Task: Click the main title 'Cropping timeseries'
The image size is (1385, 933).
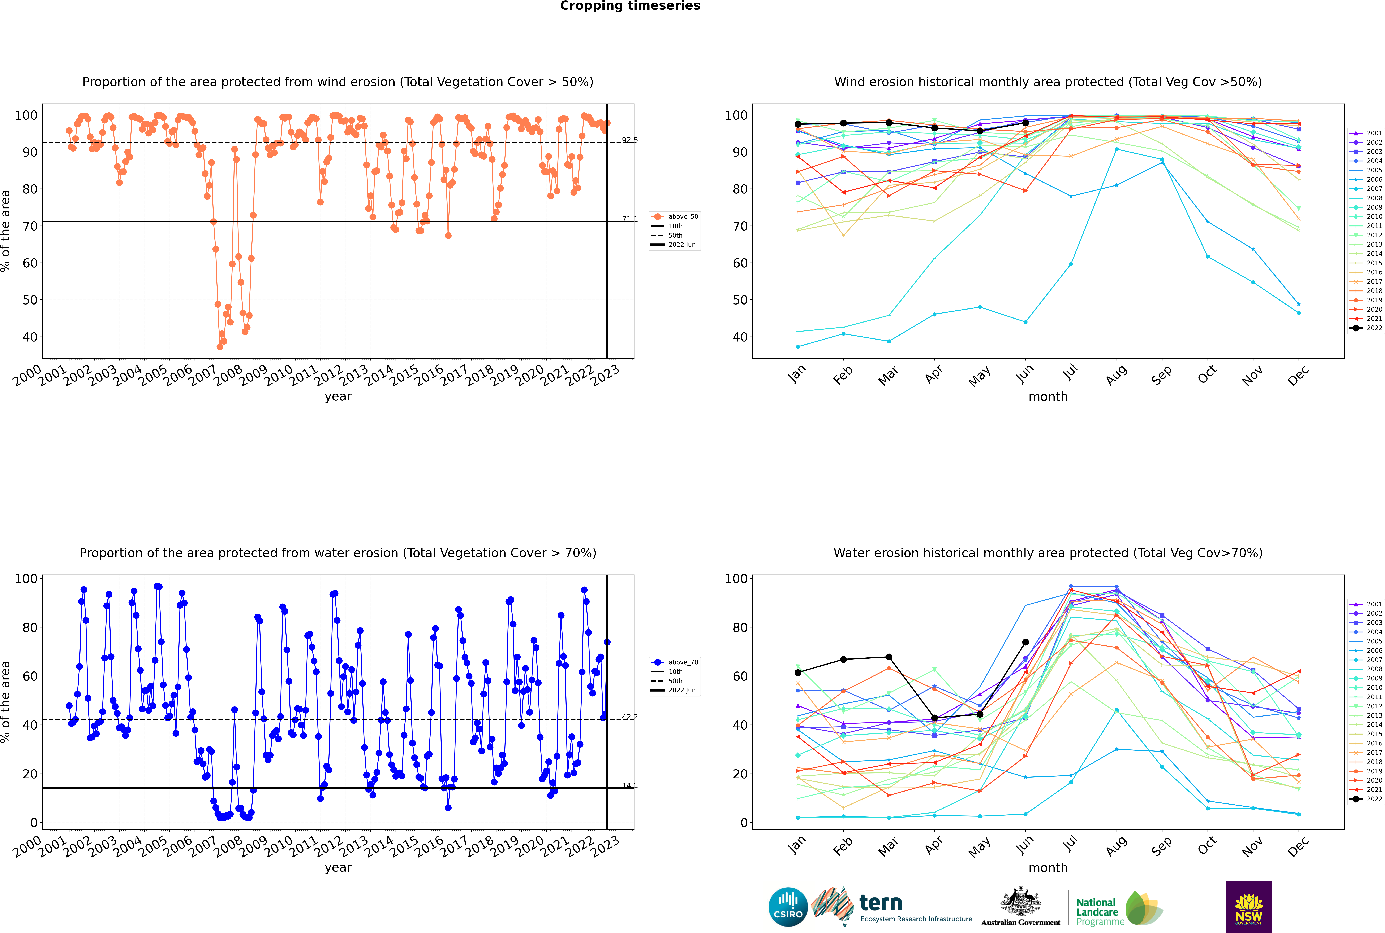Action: pos(630,6)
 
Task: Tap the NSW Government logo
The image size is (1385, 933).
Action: pos(1249,907)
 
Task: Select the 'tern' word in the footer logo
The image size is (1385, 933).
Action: pos(881,903)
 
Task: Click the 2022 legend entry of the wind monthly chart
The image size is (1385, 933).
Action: pos(1366,328)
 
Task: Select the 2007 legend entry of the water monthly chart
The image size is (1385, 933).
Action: pos(1366,660)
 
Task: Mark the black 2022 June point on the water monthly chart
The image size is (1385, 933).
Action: pos(1025,642)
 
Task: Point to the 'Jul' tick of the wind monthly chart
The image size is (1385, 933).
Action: pos(1070,373)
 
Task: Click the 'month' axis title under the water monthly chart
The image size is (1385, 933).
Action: pos(1048,868)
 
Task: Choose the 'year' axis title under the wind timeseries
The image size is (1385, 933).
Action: pos(338,397)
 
